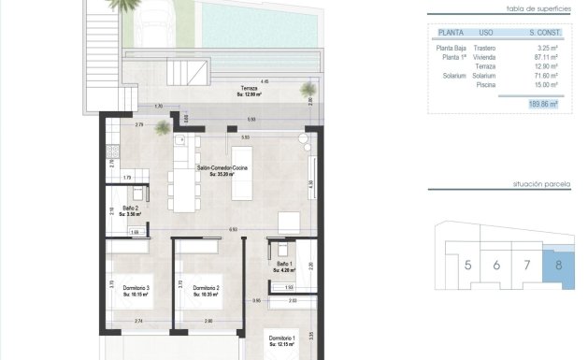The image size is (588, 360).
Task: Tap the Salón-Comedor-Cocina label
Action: click(222, 169)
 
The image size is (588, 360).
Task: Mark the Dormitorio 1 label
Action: click(281, 338)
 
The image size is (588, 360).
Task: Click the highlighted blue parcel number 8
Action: click(559, 265)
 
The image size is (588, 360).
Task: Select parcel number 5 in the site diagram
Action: click(467, 266)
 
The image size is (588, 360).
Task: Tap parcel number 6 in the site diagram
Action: click(496, 266)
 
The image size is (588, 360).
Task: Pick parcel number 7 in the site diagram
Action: click(527, 266)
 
